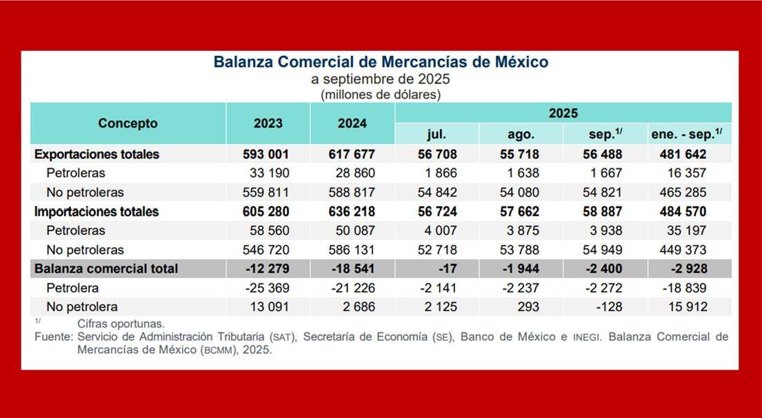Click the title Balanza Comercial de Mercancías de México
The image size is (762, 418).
coord(381,62)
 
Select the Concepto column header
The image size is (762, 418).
coord(128,123)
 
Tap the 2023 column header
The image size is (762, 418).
coord(268,123)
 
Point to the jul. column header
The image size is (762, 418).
coord(437,135)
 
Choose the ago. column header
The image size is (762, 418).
coord(521,135)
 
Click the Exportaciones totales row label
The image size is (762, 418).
coord(97,154)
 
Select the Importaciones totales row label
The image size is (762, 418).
coord(97,211)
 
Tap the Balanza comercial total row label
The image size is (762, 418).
coord(106,268)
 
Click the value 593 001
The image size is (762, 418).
coord(268,154)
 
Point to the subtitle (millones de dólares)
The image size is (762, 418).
coord(381,94)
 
